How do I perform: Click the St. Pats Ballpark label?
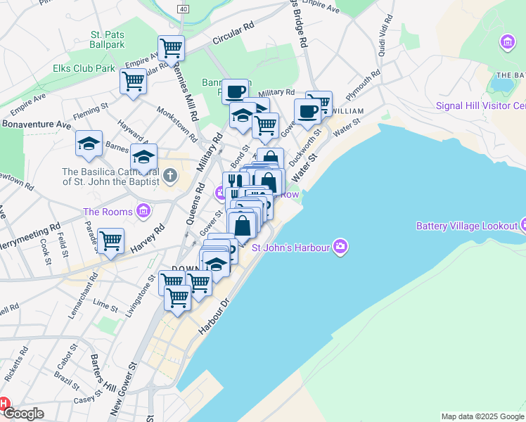point(107,39)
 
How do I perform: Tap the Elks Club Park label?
point(84,69)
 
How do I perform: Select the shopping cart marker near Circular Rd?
point(171,49)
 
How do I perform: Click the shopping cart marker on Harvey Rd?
point(111,241)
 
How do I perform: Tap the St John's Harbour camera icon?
point(341,245)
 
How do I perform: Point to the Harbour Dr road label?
point(214,313)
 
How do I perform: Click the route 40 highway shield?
point(184,8)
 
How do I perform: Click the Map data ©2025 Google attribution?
point(482,416)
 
